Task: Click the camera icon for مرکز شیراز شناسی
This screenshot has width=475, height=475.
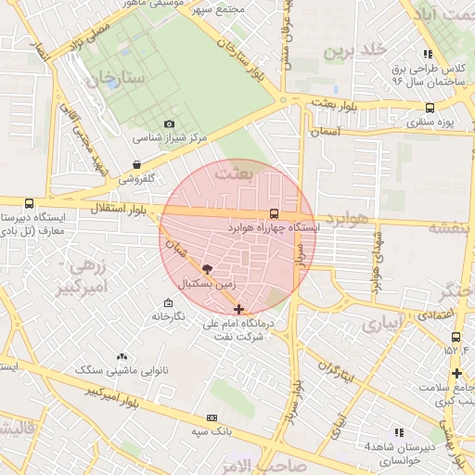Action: [169, 124]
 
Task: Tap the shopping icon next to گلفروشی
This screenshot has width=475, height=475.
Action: [137, 165]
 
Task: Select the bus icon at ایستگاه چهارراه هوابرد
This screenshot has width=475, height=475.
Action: [272, 213]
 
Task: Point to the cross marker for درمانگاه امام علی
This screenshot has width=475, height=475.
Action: [239, 309]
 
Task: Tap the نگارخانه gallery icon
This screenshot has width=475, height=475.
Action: [167, 303]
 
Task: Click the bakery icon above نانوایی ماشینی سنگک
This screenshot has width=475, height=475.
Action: [122, 357]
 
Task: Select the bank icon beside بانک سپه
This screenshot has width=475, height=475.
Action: [212, 418]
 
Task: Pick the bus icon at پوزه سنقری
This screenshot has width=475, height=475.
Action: [429, 107]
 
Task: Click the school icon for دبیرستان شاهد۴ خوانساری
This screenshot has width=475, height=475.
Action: [400, 432]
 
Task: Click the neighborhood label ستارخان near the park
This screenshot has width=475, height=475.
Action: [118, 79]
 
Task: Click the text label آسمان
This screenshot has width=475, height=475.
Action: [327, 133]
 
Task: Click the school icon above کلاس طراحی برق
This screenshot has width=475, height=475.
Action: [428, 54]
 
